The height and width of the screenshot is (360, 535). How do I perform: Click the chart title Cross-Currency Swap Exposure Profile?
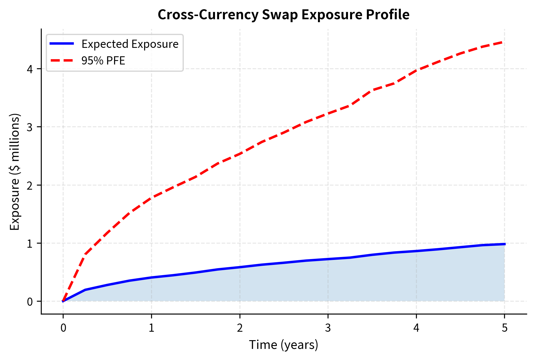pyautogui.click(x=283, y=15)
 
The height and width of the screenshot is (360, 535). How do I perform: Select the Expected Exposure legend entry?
pyautogui.click(x=130, y=44)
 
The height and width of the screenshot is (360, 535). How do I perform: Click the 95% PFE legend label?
pyautogui.click(x=103, y=61)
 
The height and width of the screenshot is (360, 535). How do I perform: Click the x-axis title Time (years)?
pyautogui.click(x=283, y=345)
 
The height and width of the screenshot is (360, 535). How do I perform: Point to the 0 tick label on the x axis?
pyautogui.click(x=63, y=328)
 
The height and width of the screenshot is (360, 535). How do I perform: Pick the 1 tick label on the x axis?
pyautogui.click(x=151, y=328)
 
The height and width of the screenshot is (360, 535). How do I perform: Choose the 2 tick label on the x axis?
pyautogui.click(x=240, y=328)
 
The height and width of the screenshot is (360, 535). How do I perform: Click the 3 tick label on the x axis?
pyautogui.click(x=328, y=328)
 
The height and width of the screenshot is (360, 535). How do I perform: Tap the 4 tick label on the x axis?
pyautogui.click(x=416, y=328)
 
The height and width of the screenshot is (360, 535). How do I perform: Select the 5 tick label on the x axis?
pyautogui.click(x=505, y=328)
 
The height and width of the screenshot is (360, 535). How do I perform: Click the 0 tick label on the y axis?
pyautogui.click(x=30, y=302)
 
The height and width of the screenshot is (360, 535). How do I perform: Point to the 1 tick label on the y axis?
pyautogui.click(x=30, y=243)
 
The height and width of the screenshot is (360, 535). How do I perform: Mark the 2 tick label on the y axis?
pyautogui.click(x=30, y=185)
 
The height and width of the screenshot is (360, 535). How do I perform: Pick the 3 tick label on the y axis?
pyautogui.click(x=30, y=127)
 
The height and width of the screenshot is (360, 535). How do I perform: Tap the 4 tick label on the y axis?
pyautogui.click(x=30, y=69)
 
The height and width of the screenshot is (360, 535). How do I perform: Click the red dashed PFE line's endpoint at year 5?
pyautogui.click(x=504, y=42)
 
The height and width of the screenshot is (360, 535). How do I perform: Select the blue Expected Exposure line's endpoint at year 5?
pyautogui.click(x=504, y=244)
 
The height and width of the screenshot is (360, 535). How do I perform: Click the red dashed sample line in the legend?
pyautogui.click(x=62, y=61)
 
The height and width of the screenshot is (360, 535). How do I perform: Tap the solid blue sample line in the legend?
pyautogui.click(x=62, y=44)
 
